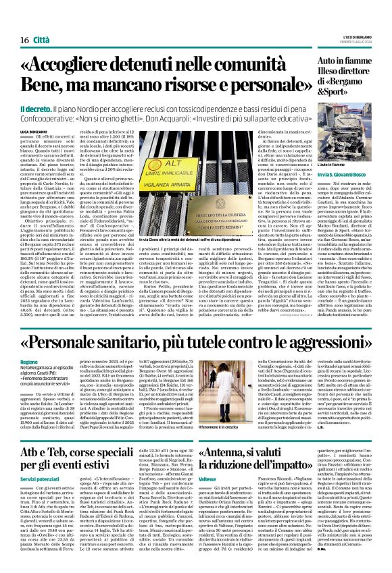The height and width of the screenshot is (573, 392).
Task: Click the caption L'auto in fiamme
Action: pos(330,164)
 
